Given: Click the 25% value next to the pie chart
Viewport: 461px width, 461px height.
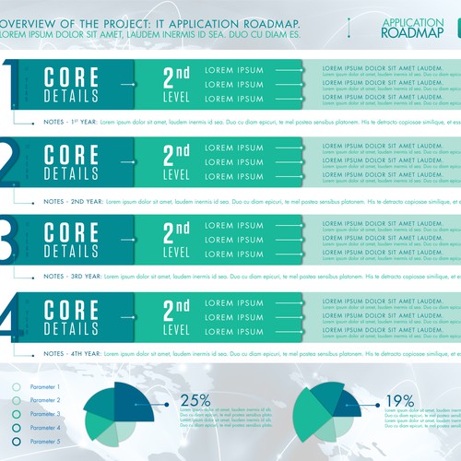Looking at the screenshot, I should tap(195, 400).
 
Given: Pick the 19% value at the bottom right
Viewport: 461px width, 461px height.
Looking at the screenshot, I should tap(400, 400).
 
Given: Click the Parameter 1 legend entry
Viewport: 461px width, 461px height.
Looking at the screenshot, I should tap(44, 387).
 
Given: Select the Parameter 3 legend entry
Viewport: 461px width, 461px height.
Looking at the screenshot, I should tap(44, 414).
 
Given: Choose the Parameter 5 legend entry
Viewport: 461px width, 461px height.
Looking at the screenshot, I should tap(44, 442).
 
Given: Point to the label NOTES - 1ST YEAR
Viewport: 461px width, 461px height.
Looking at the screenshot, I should tap(69, 122).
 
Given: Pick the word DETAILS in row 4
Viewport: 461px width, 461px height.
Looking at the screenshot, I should tap(71, 327).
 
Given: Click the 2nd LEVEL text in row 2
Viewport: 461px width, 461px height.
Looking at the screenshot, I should tap(176, 162).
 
